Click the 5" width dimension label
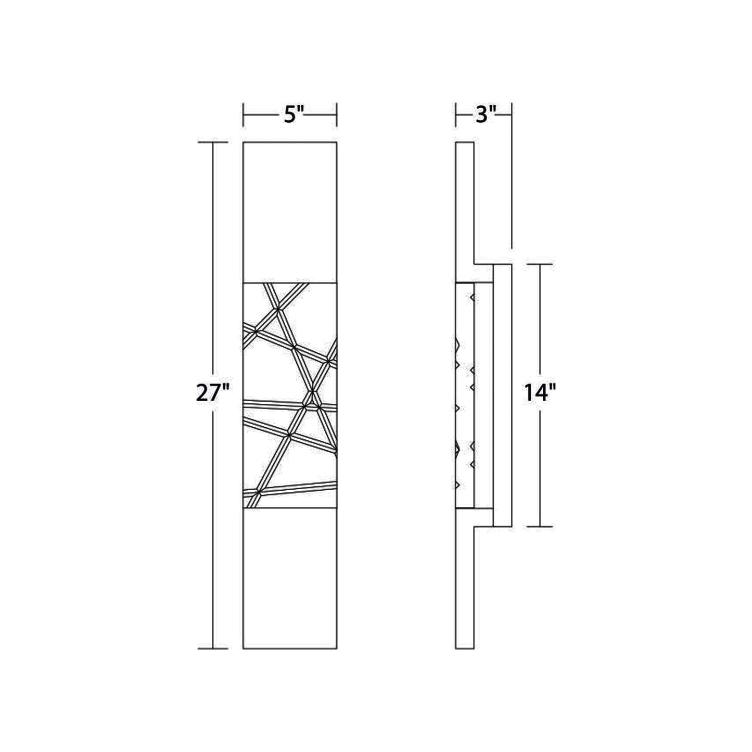pos(293,114)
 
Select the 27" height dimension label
pos(212,393)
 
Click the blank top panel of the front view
pos(290,212)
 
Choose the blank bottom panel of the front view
pos(290,578)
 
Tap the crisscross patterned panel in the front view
pos(290,396)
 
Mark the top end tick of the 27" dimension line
pos(212,142)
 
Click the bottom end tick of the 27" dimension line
pos(212,648)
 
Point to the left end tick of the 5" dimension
pos(244,114)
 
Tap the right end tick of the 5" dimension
pos(337,114)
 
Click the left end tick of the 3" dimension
pos(456,114)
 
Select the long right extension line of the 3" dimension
pos(512,177)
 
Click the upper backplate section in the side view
pos(465,203)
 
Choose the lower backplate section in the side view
pos(465,588)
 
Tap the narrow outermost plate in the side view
pos(502,396)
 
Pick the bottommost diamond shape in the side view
pos(457,485)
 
